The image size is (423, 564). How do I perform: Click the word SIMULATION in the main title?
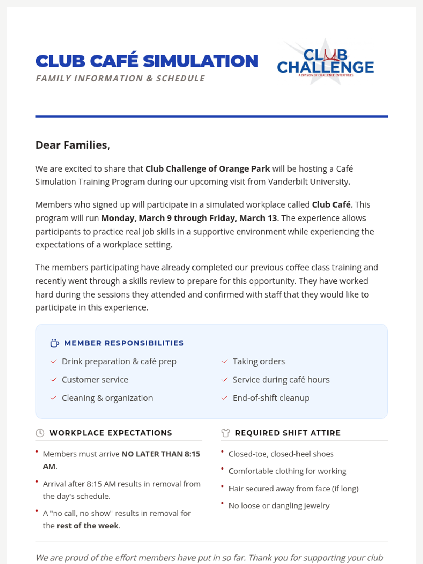coord(201,61)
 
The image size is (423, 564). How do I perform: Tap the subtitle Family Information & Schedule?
coord(120,78)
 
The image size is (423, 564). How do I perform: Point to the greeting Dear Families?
coord(73,145)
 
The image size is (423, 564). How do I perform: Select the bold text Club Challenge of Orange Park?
coord(208,169)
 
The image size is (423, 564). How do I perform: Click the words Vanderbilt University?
coord(308,182)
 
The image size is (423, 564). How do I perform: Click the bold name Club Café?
coord(331,205)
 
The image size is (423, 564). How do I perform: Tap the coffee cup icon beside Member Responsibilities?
coord(55,343)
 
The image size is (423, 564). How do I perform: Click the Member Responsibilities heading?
coord(124,343)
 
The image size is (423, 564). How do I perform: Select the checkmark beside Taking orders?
coord(225,362)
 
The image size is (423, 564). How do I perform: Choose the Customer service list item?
coord(95,380)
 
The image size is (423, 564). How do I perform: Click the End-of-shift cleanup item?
coord(271,398)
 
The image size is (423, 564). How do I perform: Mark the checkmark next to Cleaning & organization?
coord(54,398)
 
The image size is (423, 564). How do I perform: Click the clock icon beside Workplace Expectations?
coord(40,433)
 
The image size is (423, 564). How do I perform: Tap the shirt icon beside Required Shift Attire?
coord(226,433)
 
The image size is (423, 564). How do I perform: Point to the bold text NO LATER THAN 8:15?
coord(161,454)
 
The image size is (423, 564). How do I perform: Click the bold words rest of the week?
coord(87,526)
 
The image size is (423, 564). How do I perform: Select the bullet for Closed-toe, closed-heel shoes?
coord(222,452)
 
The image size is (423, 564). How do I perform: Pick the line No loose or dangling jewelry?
coord(279,506)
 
